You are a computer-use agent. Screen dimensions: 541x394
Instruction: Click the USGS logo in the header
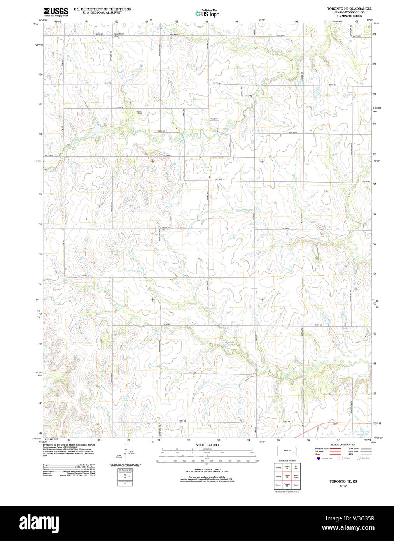(55, 12)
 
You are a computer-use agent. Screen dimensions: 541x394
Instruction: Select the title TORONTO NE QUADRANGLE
(349, 9)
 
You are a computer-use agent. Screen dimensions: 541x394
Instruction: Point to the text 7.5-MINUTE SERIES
(349, 16)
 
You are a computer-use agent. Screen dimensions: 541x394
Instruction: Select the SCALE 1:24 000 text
(207, 445)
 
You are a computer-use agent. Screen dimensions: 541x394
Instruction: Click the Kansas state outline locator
(288, 451)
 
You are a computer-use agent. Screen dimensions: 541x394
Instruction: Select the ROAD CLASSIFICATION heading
(343, 444)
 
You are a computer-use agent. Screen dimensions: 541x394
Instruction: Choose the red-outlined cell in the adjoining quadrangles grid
(287, 476)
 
